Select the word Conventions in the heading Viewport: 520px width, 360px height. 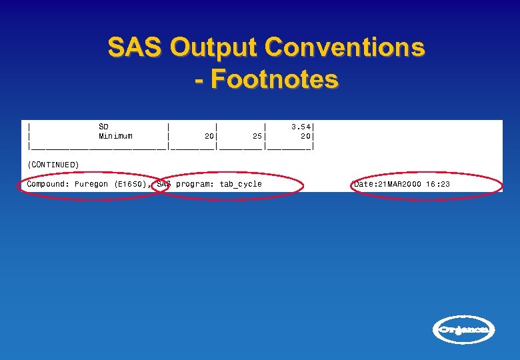[345, 48]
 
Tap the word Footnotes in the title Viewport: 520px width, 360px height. [275, 79]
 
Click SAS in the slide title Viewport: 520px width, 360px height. [135, 48]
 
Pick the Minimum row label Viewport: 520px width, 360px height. [115, 136]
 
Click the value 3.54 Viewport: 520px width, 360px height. [302, 126]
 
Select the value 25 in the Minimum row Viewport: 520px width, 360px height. [257, 136]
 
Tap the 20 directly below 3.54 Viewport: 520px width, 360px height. [306, 136]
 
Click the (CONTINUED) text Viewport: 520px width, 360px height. [53, 164]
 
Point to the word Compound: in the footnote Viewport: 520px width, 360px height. [48, 184]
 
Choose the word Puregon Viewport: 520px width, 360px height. [91, 184]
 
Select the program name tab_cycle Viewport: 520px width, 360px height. [241, 184]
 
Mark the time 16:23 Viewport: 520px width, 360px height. [438, 184]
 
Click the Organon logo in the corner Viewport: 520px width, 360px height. [465, 329]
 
